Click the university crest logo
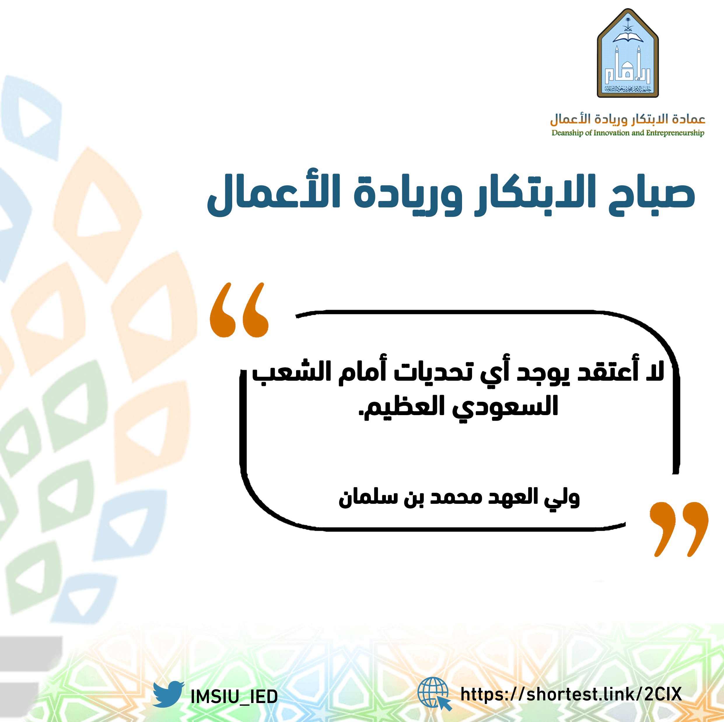coord(628,53)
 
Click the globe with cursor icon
coord(435,694)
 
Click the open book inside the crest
coord(628,37)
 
